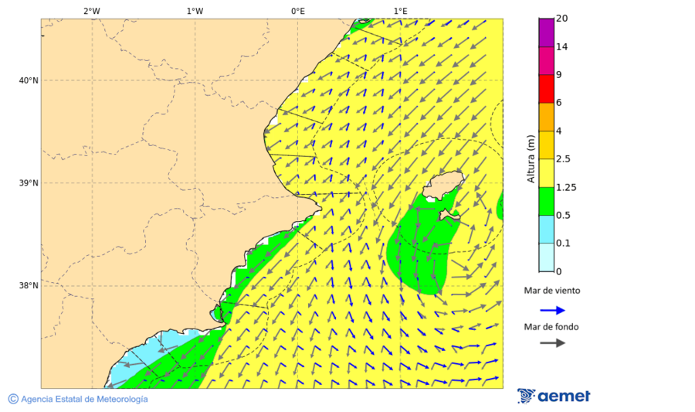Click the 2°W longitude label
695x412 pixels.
91,11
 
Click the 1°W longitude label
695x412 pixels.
195,11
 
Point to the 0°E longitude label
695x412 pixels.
297,11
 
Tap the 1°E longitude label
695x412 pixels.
400,11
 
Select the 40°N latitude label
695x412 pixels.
28,80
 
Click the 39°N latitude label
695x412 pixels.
28,183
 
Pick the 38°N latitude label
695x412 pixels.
28,286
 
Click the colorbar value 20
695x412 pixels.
563,19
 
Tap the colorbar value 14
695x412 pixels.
563,46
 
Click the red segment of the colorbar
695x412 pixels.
546,89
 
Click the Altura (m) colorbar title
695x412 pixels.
531,158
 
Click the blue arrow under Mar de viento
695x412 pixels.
551,311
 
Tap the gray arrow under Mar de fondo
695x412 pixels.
551,343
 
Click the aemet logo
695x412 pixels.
554,396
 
